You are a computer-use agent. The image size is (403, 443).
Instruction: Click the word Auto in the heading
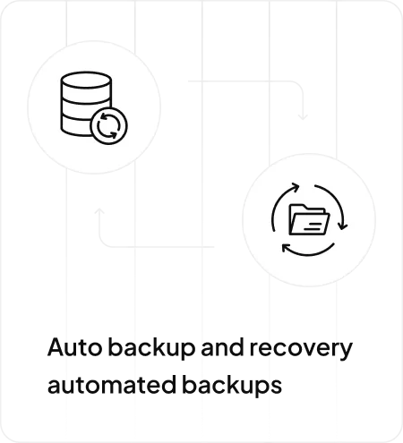click(74, 346)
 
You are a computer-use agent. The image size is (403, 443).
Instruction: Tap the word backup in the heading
click(151, 348)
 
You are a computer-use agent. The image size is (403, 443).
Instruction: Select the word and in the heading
click(222, 346)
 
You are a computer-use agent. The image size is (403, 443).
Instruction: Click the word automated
click(112, 384)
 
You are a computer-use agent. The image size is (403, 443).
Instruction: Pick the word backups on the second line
click(232, 386)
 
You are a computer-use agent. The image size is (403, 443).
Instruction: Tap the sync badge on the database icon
click(108, 125)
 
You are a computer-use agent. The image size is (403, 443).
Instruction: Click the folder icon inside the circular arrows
click(309, 219)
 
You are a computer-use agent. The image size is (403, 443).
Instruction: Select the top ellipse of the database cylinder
click(86, 80)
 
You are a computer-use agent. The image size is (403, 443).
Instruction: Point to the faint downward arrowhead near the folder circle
click(303, 117)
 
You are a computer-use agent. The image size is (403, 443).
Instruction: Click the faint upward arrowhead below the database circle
click(99, 211)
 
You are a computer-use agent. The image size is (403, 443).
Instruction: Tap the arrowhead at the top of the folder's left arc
click(296, 187)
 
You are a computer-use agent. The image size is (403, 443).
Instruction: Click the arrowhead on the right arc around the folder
click(343, 226)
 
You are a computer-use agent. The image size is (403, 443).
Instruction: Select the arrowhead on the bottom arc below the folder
click(287, 248)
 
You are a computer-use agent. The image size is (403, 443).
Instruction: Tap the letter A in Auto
click(56, 346)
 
